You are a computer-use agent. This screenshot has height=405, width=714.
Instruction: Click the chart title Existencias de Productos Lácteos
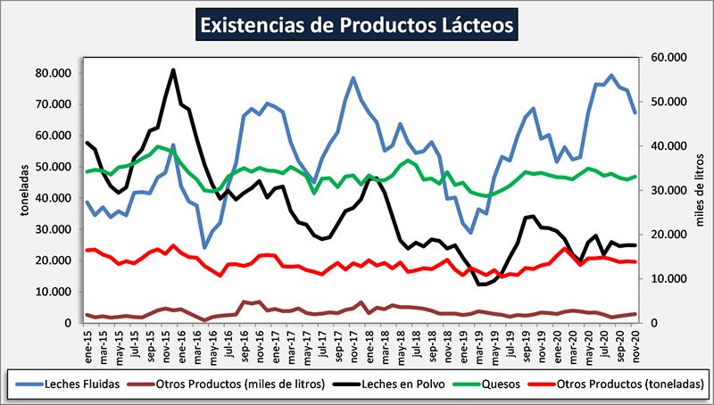[356, 23]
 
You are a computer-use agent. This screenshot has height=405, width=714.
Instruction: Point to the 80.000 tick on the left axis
[56, 72]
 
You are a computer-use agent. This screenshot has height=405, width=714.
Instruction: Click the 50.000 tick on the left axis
[56, 167]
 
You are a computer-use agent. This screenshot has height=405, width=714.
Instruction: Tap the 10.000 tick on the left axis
[56, 292]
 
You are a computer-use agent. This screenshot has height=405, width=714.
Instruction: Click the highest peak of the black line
[172, 70]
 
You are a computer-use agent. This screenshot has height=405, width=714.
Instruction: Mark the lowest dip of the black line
[482, 284]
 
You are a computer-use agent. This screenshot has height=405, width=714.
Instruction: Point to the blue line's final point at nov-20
[635, 112]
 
